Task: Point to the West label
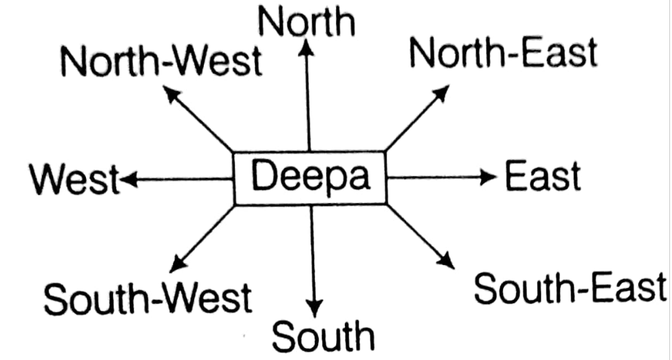click(x=74, y=179)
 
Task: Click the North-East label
click(x=503, y=52)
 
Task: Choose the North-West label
click(x=160, y=62)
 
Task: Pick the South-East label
click(x=569, y=289)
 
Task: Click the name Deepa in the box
click(x=310, y=177)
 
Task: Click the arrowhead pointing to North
click(x=306, y=47)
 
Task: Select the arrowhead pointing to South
click(x=315, y=307)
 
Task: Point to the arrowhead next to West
click(x=127, y=178)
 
